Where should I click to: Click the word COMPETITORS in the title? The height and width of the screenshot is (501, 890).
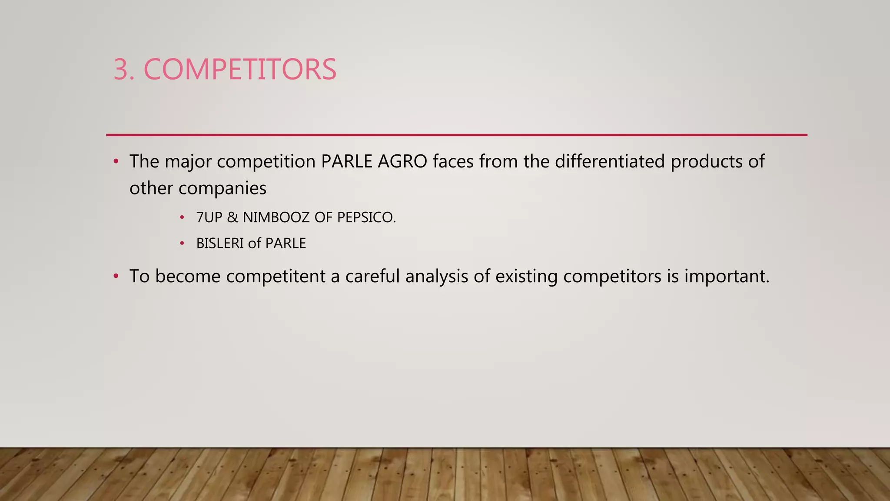(240, 70)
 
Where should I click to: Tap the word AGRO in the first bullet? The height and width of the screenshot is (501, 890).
(402, 162)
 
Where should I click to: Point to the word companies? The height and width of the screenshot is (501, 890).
(222, 188)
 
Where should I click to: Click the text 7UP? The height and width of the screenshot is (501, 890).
(209, 217)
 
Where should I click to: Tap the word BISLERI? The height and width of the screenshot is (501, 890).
(219, 243)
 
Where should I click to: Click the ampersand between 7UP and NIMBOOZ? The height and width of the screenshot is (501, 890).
(232, 217)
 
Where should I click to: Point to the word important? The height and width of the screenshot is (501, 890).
(726, 277)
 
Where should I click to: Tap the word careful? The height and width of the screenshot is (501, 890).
(372, 277)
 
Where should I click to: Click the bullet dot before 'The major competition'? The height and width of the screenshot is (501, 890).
(116, 162)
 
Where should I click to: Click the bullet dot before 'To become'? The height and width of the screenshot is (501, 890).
(116, 277)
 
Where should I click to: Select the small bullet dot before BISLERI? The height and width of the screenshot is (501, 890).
(182, 243)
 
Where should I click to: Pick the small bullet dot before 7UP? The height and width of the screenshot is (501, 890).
(182, 217)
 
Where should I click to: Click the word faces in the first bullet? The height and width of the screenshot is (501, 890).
(453, 162)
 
